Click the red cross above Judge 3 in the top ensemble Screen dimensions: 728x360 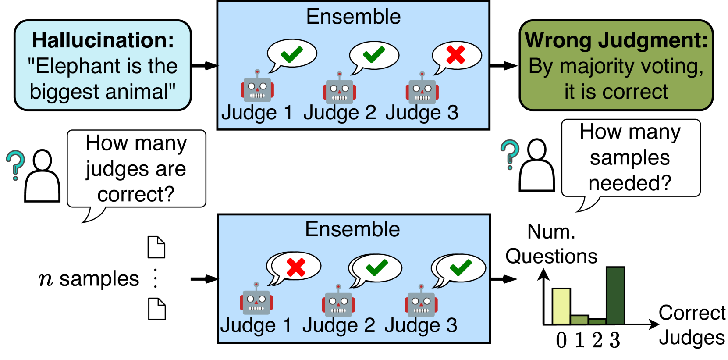456,54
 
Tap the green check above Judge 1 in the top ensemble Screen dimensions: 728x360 291,54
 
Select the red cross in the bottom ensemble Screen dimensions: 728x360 296,267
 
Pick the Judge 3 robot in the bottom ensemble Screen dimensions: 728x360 421,301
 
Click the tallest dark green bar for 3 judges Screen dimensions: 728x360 615,295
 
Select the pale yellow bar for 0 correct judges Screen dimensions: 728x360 561,307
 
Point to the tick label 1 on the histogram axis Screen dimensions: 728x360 580,341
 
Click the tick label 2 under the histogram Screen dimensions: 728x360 597,341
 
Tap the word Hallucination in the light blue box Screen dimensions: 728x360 103,40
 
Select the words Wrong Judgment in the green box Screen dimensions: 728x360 616,40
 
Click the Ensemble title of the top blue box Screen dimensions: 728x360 353,17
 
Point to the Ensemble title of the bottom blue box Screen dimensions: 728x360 353,229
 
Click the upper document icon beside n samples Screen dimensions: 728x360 156,247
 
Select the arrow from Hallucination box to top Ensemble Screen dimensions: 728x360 205,66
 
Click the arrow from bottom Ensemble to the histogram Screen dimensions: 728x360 504,279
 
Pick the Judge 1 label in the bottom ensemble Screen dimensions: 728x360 256,325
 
